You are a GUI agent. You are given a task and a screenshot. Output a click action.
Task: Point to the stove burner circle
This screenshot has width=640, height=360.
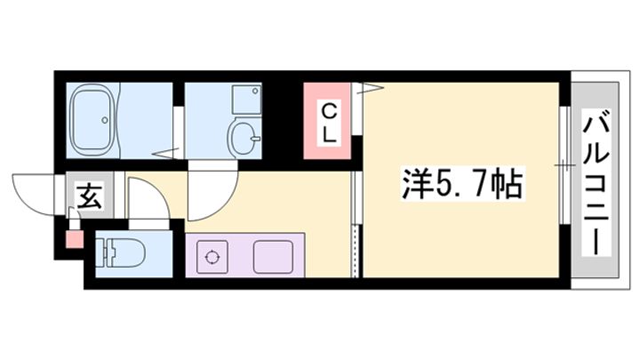tap(212, 258)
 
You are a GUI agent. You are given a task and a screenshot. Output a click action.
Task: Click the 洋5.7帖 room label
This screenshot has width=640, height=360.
tap(455, 185)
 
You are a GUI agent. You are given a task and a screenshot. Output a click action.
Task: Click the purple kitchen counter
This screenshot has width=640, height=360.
tap(245, 256)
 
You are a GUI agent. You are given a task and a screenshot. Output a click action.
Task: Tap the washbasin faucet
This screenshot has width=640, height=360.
tap(256, 137)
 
